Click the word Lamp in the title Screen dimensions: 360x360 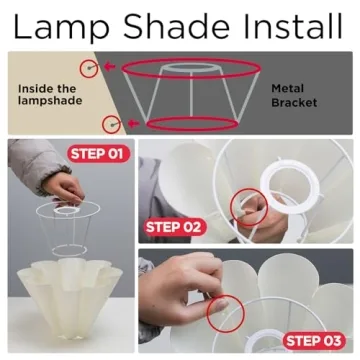[61, 27]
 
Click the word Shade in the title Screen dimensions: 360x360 [177, 26]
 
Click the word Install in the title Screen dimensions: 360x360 [293, 26]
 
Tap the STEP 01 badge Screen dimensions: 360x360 [99, 154]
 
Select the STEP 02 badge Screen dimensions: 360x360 [174, 227]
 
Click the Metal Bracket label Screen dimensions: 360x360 [294, 96]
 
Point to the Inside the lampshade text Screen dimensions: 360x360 [50, 95]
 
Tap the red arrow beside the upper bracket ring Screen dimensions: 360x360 [110, 67]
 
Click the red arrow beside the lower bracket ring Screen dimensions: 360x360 [134, 124]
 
